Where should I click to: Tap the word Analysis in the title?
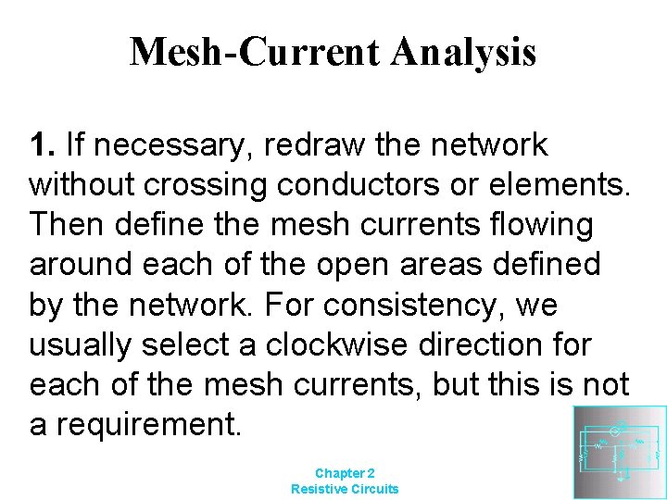[463, 53]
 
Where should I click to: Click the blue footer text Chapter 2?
[345, 471]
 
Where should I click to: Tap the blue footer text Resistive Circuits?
[345, 488]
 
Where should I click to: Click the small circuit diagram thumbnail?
[619, 452]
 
